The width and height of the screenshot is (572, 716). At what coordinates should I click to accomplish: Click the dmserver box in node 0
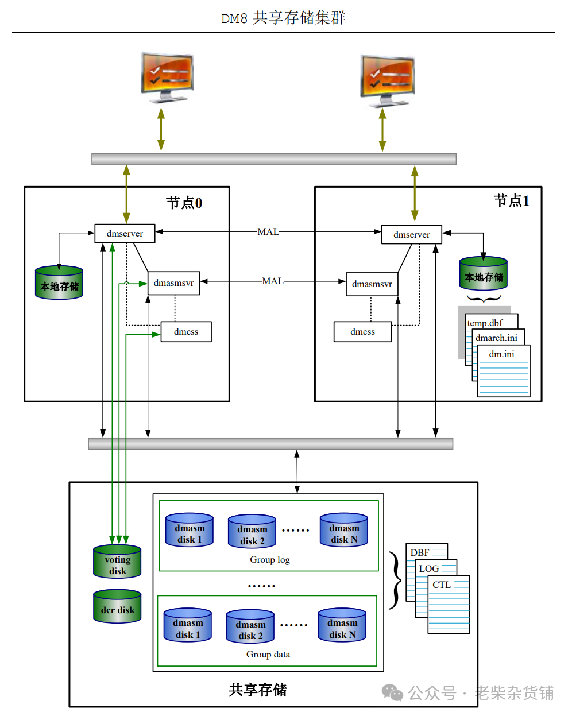[x=125, y=233]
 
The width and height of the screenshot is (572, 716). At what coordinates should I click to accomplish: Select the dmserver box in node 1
[x=411, y=234]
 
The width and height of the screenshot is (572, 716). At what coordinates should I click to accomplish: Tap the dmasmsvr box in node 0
[x=173, y=283]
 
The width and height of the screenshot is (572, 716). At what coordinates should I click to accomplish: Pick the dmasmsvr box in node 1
[x=372, y=284]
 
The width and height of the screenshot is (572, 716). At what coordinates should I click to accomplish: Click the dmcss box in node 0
[x=186, y=332]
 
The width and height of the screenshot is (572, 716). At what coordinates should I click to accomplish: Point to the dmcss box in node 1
[x=362, y=332]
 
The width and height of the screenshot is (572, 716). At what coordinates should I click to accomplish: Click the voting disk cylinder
[x=117, y=562]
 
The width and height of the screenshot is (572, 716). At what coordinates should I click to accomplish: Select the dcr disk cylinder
[x=117, y=607]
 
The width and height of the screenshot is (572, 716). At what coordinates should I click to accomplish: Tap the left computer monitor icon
[x=167, y=78]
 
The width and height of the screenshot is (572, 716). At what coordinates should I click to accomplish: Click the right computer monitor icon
[x=387, y=80]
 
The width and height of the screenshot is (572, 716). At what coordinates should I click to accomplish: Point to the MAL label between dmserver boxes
[x=268, y=232]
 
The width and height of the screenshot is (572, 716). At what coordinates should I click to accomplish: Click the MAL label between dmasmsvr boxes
[x=272, y=281]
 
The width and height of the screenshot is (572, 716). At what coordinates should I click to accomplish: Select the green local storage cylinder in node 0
[x=59, y=282]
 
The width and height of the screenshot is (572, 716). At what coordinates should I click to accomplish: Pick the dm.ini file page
[x=504, y=370]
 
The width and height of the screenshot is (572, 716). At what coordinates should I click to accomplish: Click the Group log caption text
[x=269, y=560]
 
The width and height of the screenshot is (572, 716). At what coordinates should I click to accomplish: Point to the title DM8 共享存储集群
[x=283, y=18]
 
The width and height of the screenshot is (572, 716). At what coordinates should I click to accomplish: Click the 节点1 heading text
[x=511, y=200]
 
